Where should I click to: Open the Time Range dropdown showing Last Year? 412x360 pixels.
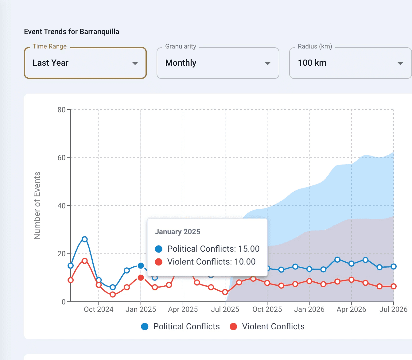85,63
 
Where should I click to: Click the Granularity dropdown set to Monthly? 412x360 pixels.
218,63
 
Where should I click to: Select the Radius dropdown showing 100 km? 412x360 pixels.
350,63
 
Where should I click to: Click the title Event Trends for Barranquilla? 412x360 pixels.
72,32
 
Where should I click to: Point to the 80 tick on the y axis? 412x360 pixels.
61,110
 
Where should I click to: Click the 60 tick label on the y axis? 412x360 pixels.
61,158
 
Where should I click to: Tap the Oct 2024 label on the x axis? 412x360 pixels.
99,309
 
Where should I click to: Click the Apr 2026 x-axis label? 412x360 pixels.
351,309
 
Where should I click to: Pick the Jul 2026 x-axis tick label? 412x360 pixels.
393,309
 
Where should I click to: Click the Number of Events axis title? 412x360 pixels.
37,206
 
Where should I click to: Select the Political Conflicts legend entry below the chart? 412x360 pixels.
181,327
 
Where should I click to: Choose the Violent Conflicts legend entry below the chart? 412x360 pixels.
267,327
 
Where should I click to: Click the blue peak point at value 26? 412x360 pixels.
85,239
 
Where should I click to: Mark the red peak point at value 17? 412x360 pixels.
85,261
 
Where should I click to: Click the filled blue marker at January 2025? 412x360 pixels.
141,266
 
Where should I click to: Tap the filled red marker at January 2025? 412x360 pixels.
141,278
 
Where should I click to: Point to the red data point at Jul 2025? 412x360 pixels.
225,292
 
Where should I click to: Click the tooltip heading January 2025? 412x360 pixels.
177,232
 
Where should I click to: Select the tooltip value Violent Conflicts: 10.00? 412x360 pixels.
211,262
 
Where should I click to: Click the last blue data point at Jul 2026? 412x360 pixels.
394,266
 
